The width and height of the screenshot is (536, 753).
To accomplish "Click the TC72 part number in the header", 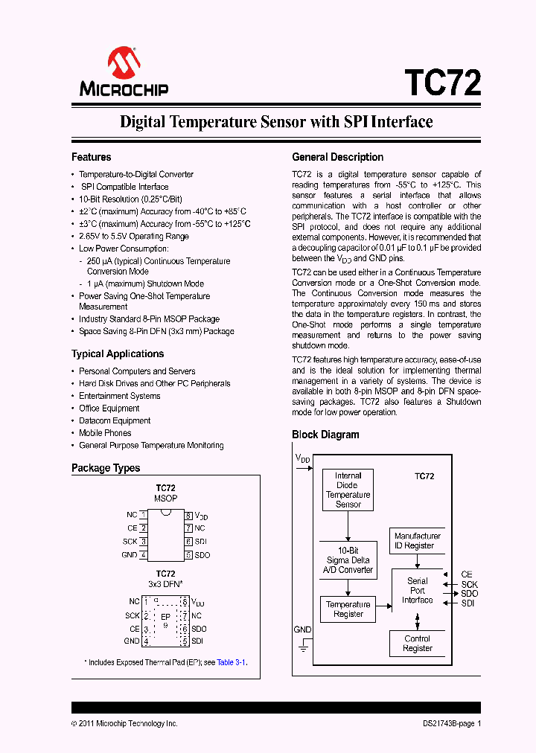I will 442,82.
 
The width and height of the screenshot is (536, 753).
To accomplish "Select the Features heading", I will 91,157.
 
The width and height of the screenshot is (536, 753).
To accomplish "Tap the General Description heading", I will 337,157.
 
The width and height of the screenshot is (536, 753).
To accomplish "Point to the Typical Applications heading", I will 117,353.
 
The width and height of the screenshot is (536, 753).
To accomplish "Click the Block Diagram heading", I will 325,435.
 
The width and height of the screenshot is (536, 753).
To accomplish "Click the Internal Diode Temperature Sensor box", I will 348,490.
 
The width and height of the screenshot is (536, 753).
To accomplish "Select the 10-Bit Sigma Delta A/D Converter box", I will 348,560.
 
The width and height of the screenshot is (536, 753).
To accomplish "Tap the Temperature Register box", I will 348,609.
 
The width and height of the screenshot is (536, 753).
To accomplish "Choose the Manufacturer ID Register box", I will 418,541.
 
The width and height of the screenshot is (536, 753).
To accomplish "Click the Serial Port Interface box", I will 417,591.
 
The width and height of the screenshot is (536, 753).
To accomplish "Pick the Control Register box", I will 418,644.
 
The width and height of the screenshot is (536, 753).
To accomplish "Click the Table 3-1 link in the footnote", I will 231,662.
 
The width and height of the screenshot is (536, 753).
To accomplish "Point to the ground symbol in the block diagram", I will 303,648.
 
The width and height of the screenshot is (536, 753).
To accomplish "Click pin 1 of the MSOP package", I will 143,515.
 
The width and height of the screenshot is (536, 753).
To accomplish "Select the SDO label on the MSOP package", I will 202,555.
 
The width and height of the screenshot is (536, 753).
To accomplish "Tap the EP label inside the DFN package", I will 165,617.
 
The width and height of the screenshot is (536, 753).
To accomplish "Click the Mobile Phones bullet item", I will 105,433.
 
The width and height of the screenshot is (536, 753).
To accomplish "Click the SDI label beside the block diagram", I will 468,603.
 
